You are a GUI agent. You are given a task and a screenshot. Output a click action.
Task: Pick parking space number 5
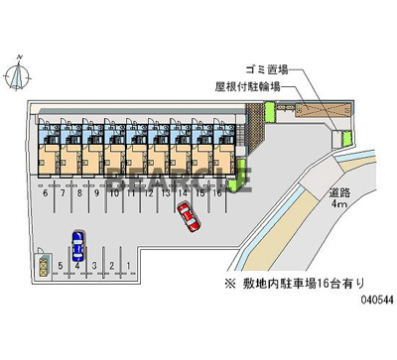point(60,266)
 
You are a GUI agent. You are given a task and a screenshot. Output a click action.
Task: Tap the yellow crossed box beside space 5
point(44,266)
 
